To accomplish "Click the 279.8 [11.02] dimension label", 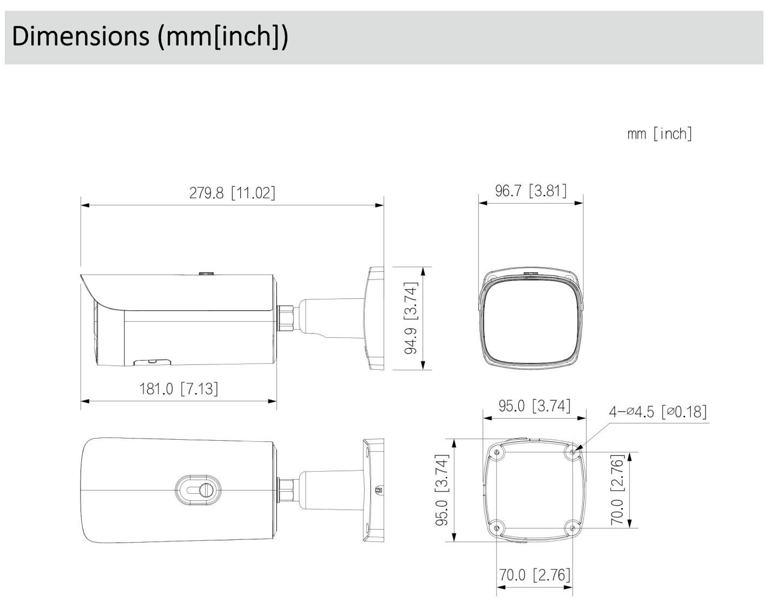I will tap(232, 193).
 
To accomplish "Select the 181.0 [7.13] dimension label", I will tap(179, 389).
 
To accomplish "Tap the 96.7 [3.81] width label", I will tap(531, 191).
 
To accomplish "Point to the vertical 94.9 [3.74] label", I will tap(412, 318).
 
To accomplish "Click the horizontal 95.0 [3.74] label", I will tap(534, 406).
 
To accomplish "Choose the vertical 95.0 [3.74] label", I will tap(443, 491).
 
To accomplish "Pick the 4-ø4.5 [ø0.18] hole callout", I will tap(657, 412).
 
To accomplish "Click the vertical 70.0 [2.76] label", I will tap(617, 490).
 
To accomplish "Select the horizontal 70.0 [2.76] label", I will tap(534, 575).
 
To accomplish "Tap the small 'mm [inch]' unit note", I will tap(660, 134).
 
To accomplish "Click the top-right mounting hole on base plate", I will tap(572, 452).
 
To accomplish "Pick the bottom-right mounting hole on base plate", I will tap(572, 527).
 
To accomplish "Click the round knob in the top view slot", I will tap(206, 490).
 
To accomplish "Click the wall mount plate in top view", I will tap(372, 491).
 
